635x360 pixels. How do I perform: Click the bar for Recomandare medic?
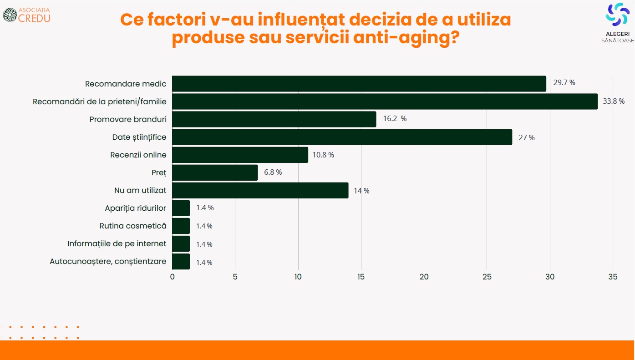[x=359, y=84]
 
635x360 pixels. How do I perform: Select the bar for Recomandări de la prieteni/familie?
[x=385, y=101]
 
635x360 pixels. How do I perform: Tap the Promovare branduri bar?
[x=274, y=119]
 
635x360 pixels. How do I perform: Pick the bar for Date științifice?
[x=342, y=137]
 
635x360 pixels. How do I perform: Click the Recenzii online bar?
[x=240, y=155]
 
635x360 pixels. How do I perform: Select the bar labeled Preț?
[x=215, y=172]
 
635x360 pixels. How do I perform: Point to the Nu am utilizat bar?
[x=260, y=190]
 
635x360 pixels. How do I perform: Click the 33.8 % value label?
[x=614, y=101]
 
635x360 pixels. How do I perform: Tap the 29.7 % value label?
[x=564, y=83]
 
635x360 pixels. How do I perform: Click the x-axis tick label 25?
[x=487, y=277]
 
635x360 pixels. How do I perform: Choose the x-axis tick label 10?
[x=298, y=277]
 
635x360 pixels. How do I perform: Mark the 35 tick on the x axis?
[x=613, y=277]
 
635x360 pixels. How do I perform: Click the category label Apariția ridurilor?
[x=135, y=208]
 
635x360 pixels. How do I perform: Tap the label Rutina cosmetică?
[x=133, y=226]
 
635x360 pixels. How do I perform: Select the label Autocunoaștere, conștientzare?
[x=108, y=262]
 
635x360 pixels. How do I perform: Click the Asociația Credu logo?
[x=27, y=15]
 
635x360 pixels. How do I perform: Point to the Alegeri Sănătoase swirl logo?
[x=617, y=14]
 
